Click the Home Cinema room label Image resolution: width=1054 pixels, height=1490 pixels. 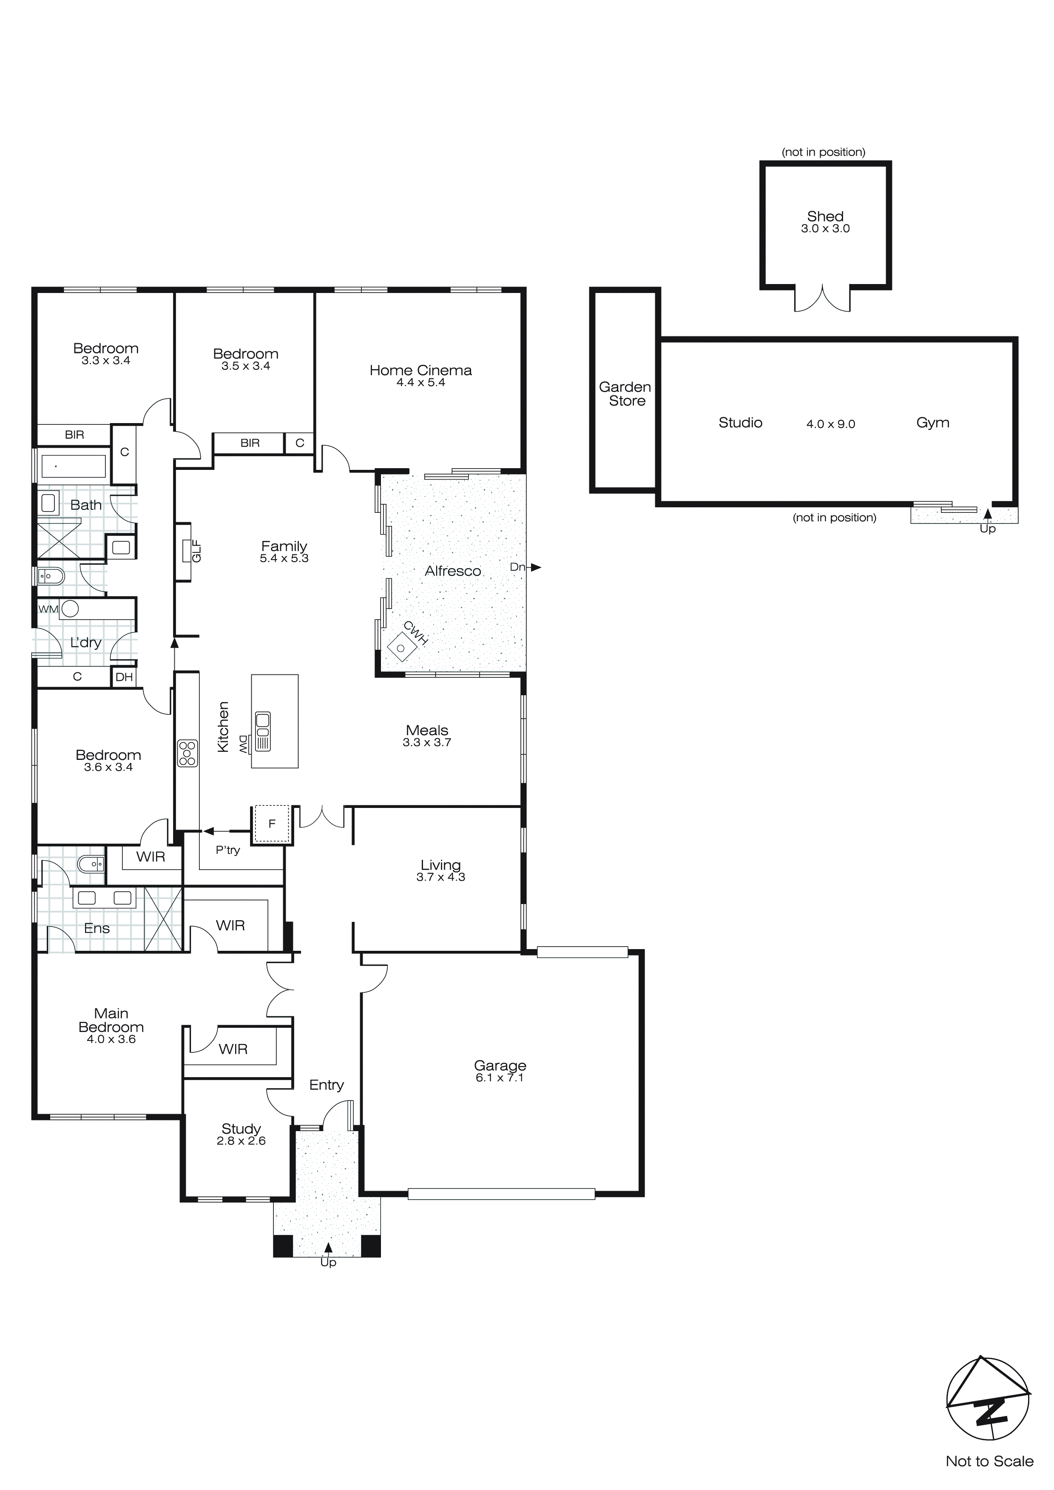point(420,370)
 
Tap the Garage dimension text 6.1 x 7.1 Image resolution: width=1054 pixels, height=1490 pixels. point(499,1078)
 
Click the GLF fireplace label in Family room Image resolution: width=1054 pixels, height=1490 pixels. point(197,551)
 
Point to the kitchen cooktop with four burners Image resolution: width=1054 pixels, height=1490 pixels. point(188,754)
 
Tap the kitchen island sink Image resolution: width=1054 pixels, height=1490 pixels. point(263,731)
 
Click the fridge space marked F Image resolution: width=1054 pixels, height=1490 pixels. point(272,824)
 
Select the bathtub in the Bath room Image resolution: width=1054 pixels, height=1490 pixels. point(72,466)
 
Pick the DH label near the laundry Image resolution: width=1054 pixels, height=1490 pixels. point(124,677)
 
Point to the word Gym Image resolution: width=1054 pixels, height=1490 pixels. point(933,423)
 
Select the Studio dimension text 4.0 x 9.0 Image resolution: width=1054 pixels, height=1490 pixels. point(831,424)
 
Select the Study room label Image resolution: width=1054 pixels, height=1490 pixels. point(241,1129)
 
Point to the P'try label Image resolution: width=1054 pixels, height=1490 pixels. point(228,850)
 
